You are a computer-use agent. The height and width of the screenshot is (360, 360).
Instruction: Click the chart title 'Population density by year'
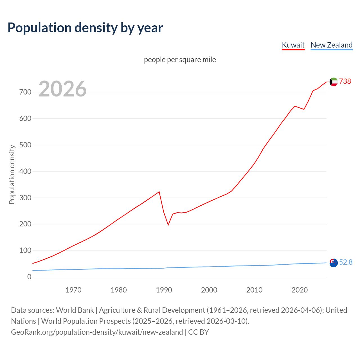pos(85,28)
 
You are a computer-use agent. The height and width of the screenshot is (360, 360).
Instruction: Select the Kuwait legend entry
pos(293,45)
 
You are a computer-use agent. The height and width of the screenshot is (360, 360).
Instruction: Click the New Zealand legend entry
pos(331,45)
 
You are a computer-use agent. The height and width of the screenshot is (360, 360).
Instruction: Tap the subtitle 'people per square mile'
pos(180,60)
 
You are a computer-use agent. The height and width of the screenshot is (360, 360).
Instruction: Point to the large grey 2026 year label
pos(62,89)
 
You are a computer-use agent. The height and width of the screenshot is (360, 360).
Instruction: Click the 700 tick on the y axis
pos(25,92)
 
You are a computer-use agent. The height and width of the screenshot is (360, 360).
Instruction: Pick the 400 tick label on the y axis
pos(25,171)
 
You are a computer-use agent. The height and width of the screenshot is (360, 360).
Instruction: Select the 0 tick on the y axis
pos(29,277)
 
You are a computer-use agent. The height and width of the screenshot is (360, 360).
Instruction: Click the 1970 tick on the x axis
pos(73,290)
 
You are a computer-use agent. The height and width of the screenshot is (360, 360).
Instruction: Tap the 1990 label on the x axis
pos(164,290)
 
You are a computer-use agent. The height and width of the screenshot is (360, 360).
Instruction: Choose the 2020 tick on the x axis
pos(300,290)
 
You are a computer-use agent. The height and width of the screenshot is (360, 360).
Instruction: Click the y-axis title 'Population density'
pos(12,174)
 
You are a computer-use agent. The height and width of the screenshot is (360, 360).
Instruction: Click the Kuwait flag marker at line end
pos(334,82)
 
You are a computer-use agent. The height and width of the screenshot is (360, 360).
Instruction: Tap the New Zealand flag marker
pos(334,263)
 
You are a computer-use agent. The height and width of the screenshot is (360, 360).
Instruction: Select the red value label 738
pos(345,81)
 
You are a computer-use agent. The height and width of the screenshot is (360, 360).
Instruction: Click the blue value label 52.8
pos(346,262)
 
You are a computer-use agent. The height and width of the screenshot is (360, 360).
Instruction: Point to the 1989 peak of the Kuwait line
pos(159,192)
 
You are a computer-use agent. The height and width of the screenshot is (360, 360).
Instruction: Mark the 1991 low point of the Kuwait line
pos(168,225)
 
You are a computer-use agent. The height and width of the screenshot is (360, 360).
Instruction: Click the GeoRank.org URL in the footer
pos(97,332)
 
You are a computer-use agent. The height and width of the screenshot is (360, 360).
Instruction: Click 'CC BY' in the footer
pos(199,332)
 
